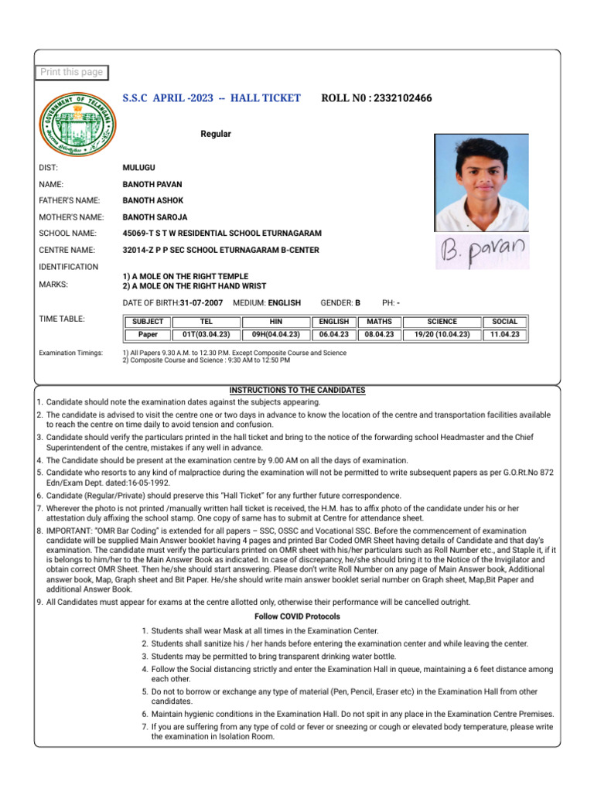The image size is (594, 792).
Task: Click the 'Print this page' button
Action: click(71, 72)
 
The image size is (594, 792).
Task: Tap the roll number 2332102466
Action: click(402, 98)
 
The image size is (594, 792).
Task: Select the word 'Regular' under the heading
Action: click(216, 134)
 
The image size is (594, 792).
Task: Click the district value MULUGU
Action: click(140, 167)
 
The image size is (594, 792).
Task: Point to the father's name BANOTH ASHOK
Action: click(153, 200)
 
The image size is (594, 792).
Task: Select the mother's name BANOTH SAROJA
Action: click(155, 217)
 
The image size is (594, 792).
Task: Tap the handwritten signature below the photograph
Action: click(482, 250)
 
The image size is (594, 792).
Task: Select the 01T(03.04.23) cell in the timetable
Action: click(206, 335)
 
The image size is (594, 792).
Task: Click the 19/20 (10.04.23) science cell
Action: click(442, 335)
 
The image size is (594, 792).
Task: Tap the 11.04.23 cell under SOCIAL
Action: click(504, 335)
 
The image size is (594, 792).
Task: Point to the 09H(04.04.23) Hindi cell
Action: click(275, 335)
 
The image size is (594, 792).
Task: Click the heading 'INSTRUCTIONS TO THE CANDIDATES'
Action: click(297, 391)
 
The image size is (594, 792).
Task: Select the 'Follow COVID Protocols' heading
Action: click(297, 616)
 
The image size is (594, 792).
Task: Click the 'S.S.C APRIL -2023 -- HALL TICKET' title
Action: click(211, 98)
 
